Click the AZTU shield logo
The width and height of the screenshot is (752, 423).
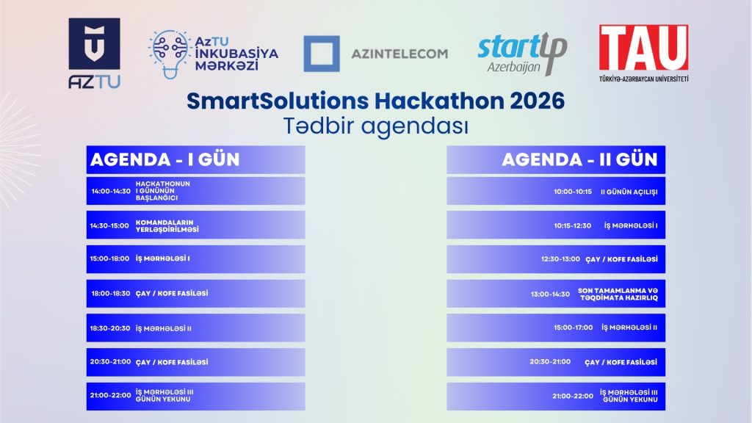tap(94, 43)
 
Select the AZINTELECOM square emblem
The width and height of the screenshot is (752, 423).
tap(322, 54)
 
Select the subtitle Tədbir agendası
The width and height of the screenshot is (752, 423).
tap(376, 126)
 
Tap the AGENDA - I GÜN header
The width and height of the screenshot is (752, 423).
tap(164, 159)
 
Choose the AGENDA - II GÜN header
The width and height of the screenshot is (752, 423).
tap(579, 159)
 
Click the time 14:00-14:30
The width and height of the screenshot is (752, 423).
tap(111, 191)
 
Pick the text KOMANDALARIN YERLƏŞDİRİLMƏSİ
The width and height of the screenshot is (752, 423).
tap(167, 225)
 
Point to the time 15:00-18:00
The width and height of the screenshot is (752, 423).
tap(110, 259)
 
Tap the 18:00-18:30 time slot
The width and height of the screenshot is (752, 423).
tap(110, 294)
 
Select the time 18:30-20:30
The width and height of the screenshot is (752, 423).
tap(110, 328)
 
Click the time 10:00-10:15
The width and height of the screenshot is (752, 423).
tap(573, 191)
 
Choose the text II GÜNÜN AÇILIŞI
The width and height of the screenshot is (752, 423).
tap(629, 191)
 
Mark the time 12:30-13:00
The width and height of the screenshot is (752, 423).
tap(560, 259)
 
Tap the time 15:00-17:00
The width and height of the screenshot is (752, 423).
tap(573, 328)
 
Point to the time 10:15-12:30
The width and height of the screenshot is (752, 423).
tap(573, 225)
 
